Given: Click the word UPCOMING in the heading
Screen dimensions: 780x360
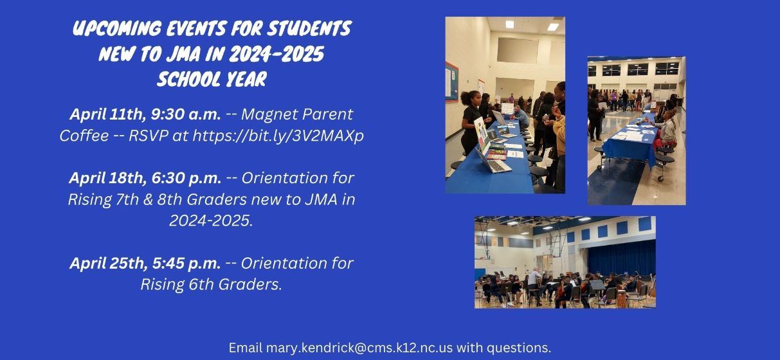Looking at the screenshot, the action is point(117,28).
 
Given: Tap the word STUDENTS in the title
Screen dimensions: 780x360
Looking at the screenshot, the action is point(309,28).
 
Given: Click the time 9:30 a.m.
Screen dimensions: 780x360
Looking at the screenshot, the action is point(186,114).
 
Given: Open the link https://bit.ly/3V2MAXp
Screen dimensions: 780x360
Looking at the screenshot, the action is point(278,136).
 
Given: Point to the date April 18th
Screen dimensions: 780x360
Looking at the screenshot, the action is point(107,178).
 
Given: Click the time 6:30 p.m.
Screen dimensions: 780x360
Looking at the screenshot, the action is point(186,178).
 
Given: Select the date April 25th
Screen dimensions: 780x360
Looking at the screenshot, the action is point(107,263).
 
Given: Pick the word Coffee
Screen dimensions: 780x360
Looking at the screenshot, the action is point(84,136).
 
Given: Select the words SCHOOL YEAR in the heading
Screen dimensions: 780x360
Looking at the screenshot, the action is point(212,79).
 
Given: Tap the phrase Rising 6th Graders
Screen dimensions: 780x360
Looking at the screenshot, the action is point(212,284).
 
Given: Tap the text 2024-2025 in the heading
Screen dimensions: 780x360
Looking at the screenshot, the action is point(277,54).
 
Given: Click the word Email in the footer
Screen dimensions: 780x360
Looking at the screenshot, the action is point(246,348).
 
